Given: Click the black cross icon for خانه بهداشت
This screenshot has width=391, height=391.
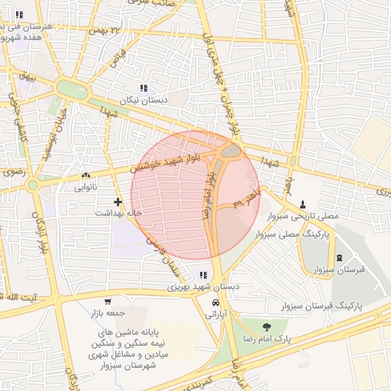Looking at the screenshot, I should pyautogui.click(x=117, y=202).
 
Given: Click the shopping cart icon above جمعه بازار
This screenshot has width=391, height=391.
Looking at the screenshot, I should pyautogui.click(x=108, y=301).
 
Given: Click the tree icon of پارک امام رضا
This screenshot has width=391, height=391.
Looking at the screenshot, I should pyautogui.click(x=266, y=326).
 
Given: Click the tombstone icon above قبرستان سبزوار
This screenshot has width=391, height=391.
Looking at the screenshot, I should pyautogui.click(x=340, y=257).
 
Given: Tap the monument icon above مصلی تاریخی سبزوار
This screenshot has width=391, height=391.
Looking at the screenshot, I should pyautogui.click(x=304, y=205).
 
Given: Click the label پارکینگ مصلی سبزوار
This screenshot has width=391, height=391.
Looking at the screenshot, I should pyautogui.click(x=294, y=236).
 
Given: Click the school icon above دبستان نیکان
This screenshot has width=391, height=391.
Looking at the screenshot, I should pyautogui.click(x=144, y=89).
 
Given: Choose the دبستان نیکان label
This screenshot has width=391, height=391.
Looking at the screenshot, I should pyautogui.click(x=143, y=100).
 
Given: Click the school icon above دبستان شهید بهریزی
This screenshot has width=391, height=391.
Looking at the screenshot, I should pyautogui.click(x=203, y=275).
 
